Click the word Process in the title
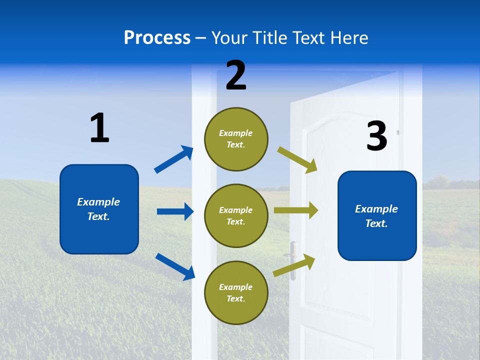tap(157, 38)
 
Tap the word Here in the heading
tap(348, 38)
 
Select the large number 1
tap(99, 128)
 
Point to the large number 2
tap(236, 75)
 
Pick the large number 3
tap(376, 136)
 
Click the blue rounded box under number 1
tap(99, 209)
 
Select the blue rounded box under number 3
tap(377, 216)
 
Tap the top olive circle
tap(236, 139)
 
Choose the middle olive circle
tap(236, 215)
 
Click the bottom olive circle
tap(236, 292)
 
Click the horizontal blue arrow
tap(175, 211)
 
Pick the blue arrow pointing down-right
tap(175, 266)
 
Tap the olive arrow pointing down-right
tap(297, 159)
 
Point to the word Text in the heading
tap(308, 38)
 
